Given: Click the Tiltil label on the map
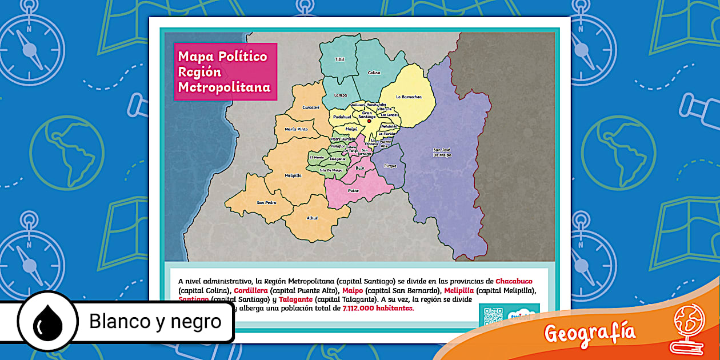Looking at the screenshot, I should pos(340,59).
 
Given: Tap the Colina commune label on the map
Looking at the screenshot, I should pos(374,73).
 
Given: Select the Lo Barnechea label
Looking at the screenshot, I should pos(409,97).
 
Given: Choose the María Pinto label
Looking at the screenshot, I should pos(296,129).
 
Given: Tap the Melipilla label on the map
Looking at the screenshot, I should pos(293,175).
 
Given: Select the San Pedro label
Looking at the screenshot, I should pos(266,202).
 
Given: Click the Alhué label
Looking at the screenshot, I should pos(312,218).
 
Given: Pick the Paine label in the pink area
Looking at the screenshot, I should pos(353,191).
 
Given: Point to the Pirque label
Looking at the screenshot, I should pos(390,166).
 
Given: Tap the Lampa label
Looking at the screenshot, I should pos(341,95).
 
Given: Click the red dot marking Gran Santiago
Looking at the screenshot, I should pos(369,121).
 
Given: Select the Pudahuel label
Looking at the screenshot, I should pos(342,117).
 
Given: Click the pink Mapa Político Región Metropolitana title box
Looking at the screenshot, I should pos(225,72).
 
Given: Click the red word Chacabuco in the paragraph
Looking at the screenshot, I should pos(514,281).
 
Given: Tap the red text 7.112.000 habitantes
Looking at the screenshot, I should pos(378,308).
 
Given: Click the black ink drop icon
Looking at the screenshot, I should pos(47,322).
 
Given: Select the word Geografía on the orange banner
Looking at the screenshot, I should pos(589,332).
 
